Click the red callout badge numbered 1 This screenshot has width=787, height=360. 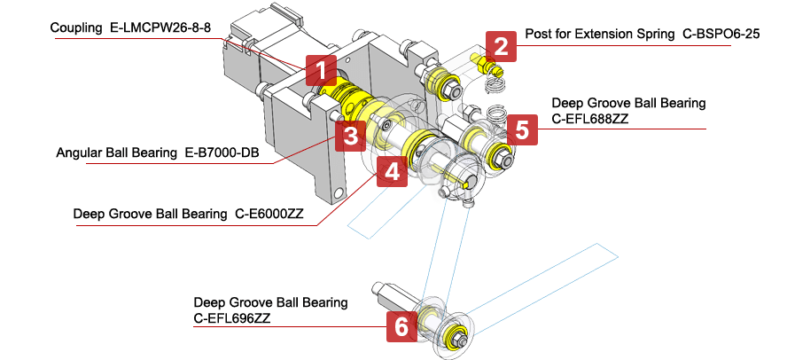pyautogui.click(x=322, y=68)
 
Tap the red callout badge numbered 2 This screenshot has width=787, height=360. pyautogui.click(x=502, y=45)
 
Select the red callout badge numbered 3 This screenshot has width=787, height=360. pyautogui.click(x=351, y=137)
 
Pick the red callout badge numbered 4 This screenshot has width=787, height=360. pyautogui.click(x=392, y=170)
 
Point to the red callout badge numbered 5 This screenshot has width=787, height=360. pyautogui.click(x=522, y=130)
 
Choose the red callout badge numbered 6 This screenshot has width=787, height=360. pyautogui.click(x=401, y=327)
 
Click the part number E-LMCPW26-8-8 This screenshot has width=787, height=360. pyautogui.click(x=160, y=28)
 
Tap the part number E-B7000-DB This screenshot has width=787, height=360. pyautogui.click(x=226, y=153)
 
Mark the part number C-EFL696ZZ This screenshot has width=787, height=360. pyautogui.click(x=232, y=317)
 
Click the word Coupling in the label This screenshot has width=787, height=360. pyautogui.click(x=76, y=28)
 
